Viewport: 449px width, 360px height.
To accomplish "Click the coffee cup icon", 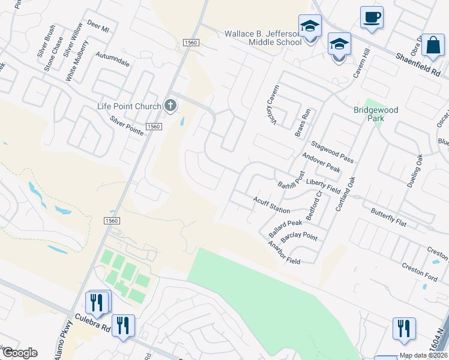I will (372, 16).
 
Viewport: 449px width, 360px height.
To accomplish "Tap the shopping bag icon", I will (432, 44).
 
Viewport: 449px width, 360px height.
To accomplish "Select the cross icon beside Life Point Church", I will (170, 106).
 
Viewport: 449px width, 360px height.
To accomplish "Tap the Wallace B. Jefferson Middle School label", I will (263, 38).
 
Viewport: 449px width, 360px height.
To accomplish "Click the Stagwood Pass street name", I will (333, 152).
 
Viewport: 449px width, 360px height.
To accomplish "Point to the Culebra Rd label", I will (93, 322).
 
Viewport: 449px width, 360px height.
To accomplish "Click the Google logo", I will (20, 353).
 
